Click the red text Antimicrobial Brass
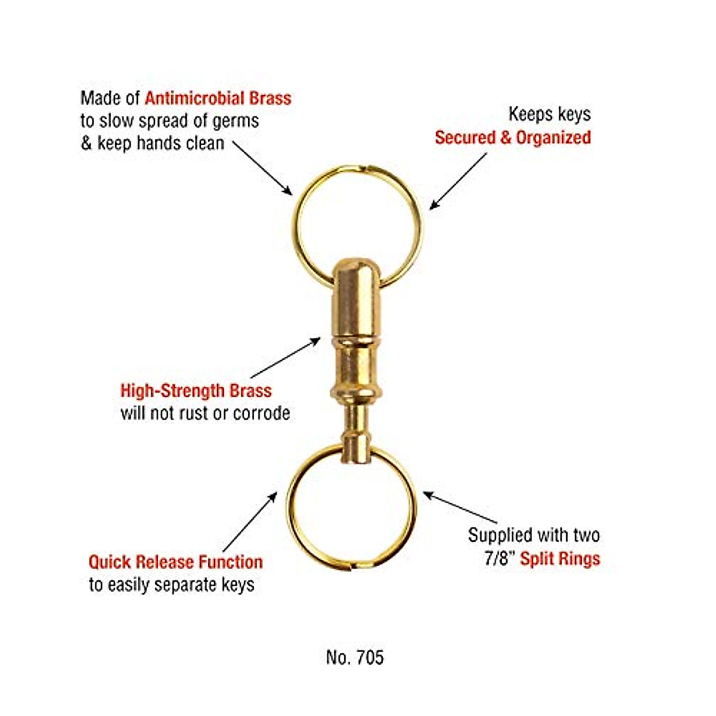point(218,98)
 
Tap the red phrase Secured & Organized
point(513,138)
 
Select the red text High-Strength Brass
point(196,391)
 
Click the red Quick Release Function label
point(175,562)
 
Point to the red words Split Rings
point(560,559)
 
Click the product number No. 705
point(355,658)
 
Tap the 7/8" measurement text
point(499,559)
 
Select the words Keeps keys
point(550,114)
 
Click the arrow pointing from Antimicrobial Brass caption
point(263,168)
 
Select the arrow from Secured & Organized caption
point(458,181)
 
